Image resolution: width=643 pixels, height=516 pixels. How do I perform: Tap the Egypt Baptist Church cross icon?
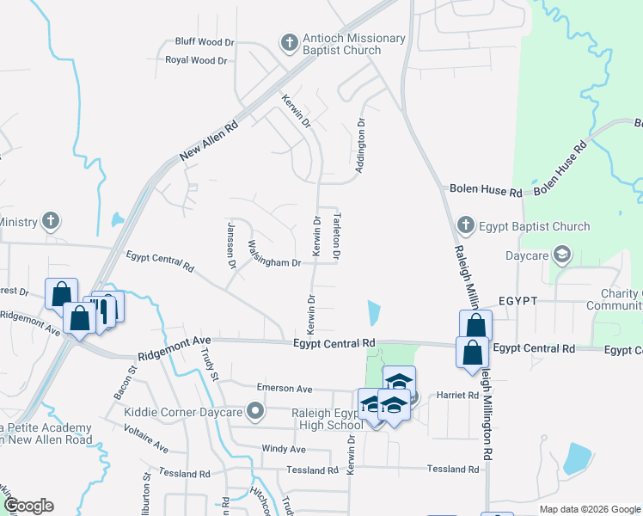click(x=465, y=225)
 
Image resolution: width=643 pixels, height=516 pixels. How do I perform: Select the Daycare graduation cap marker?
click(x=561, y=254)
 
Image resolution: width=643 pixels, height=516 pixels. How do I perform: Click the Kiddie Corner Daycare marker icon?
click(x=254, y=412)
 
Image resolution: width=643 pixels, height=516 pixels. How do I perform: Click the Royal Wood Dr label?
click(x=196, y=60)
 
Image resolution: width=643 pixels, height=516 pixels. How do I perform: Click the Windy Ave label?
click(x=283, y=449)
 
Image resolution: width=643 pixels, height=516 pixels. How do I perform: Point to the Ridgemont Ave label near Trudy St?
click(x=173, y=353)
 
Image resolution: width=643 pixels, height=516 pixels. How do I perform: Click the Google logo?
click(x=28, y=505)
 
